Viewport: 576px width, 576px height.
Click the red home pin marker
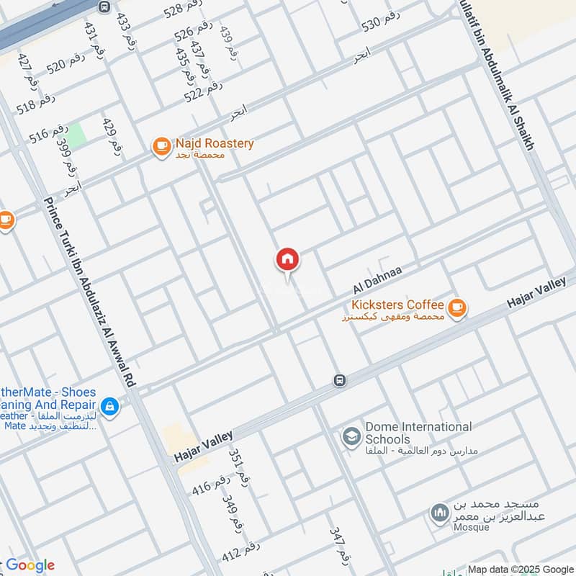point(287,259)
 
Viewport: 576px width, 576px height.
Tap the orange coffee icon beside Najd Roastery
point(161,148)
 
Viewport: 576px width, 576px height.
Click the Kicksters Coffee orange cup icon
point(456,308)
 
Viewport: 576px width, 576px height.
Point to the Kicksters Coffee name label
point(397,305)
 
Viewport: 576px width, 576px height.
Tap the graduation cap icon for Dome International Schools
point(351,437)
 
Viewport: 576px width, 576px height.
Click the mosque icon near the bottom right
point(438,513)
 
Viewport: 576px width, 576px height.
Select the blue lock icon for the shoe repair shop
point(109,408)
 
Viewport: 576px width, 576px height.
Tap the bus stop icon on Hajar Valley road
point(339,379)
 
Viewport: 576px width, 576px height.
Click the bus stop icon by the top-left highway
point(104,7)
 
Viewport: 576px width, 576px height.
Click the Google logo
point(30,565)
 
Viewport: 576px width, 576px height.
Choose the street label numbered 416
point(210,484)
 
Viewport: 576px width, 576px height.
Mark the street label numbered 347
point(339,545)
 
